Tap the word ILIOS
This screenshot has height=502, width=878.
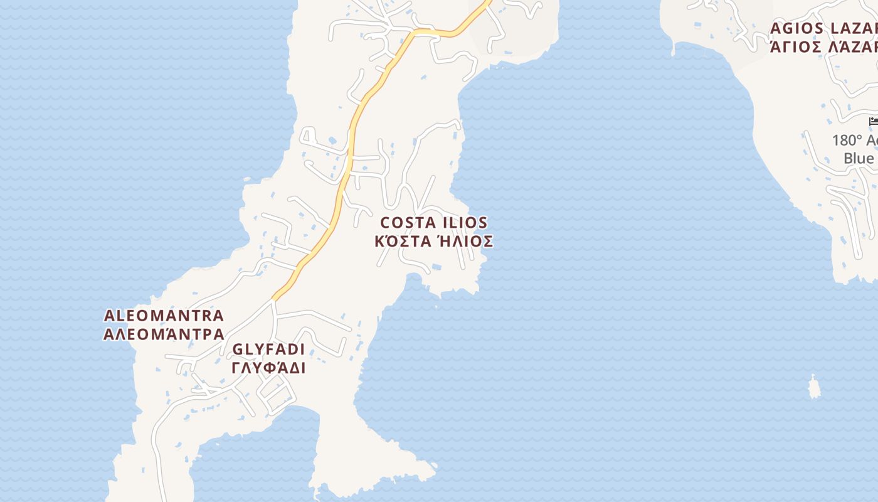coord(465,223)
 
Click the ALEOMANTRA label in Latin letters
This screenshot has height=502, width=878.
coord(164,316)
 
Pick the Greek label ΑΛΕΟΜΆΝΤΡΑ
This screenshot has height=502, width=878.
coord(164,334)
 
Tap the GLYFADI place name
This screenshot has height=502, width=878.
coord(268,350)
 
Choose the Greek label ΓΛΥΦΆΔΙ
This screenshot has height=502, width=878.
coord(268,368)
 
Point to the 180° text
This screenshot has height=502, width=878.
coord(847,141)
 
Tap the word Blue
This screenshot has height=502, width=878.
coord(859,158)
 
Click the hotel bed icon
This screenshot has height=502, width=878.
coord(873,121)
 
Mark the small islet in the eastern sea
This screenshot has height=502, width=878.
coord(814,387)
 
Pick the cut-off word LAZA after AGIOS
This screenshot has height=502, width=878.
coord(853,28)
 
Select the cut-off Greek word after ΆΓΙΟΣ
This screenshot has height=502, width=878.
coord(853,46)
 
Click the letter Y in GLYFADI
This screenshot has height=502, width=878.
coord(256,350)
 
